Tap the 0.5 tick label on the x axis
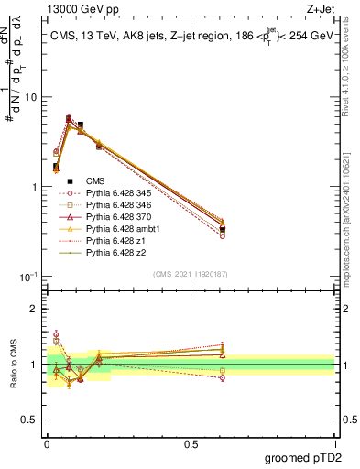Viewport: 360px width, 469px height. pos(191,442)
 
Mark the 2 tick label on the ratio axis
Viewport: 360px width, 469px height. pos(35,309)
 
